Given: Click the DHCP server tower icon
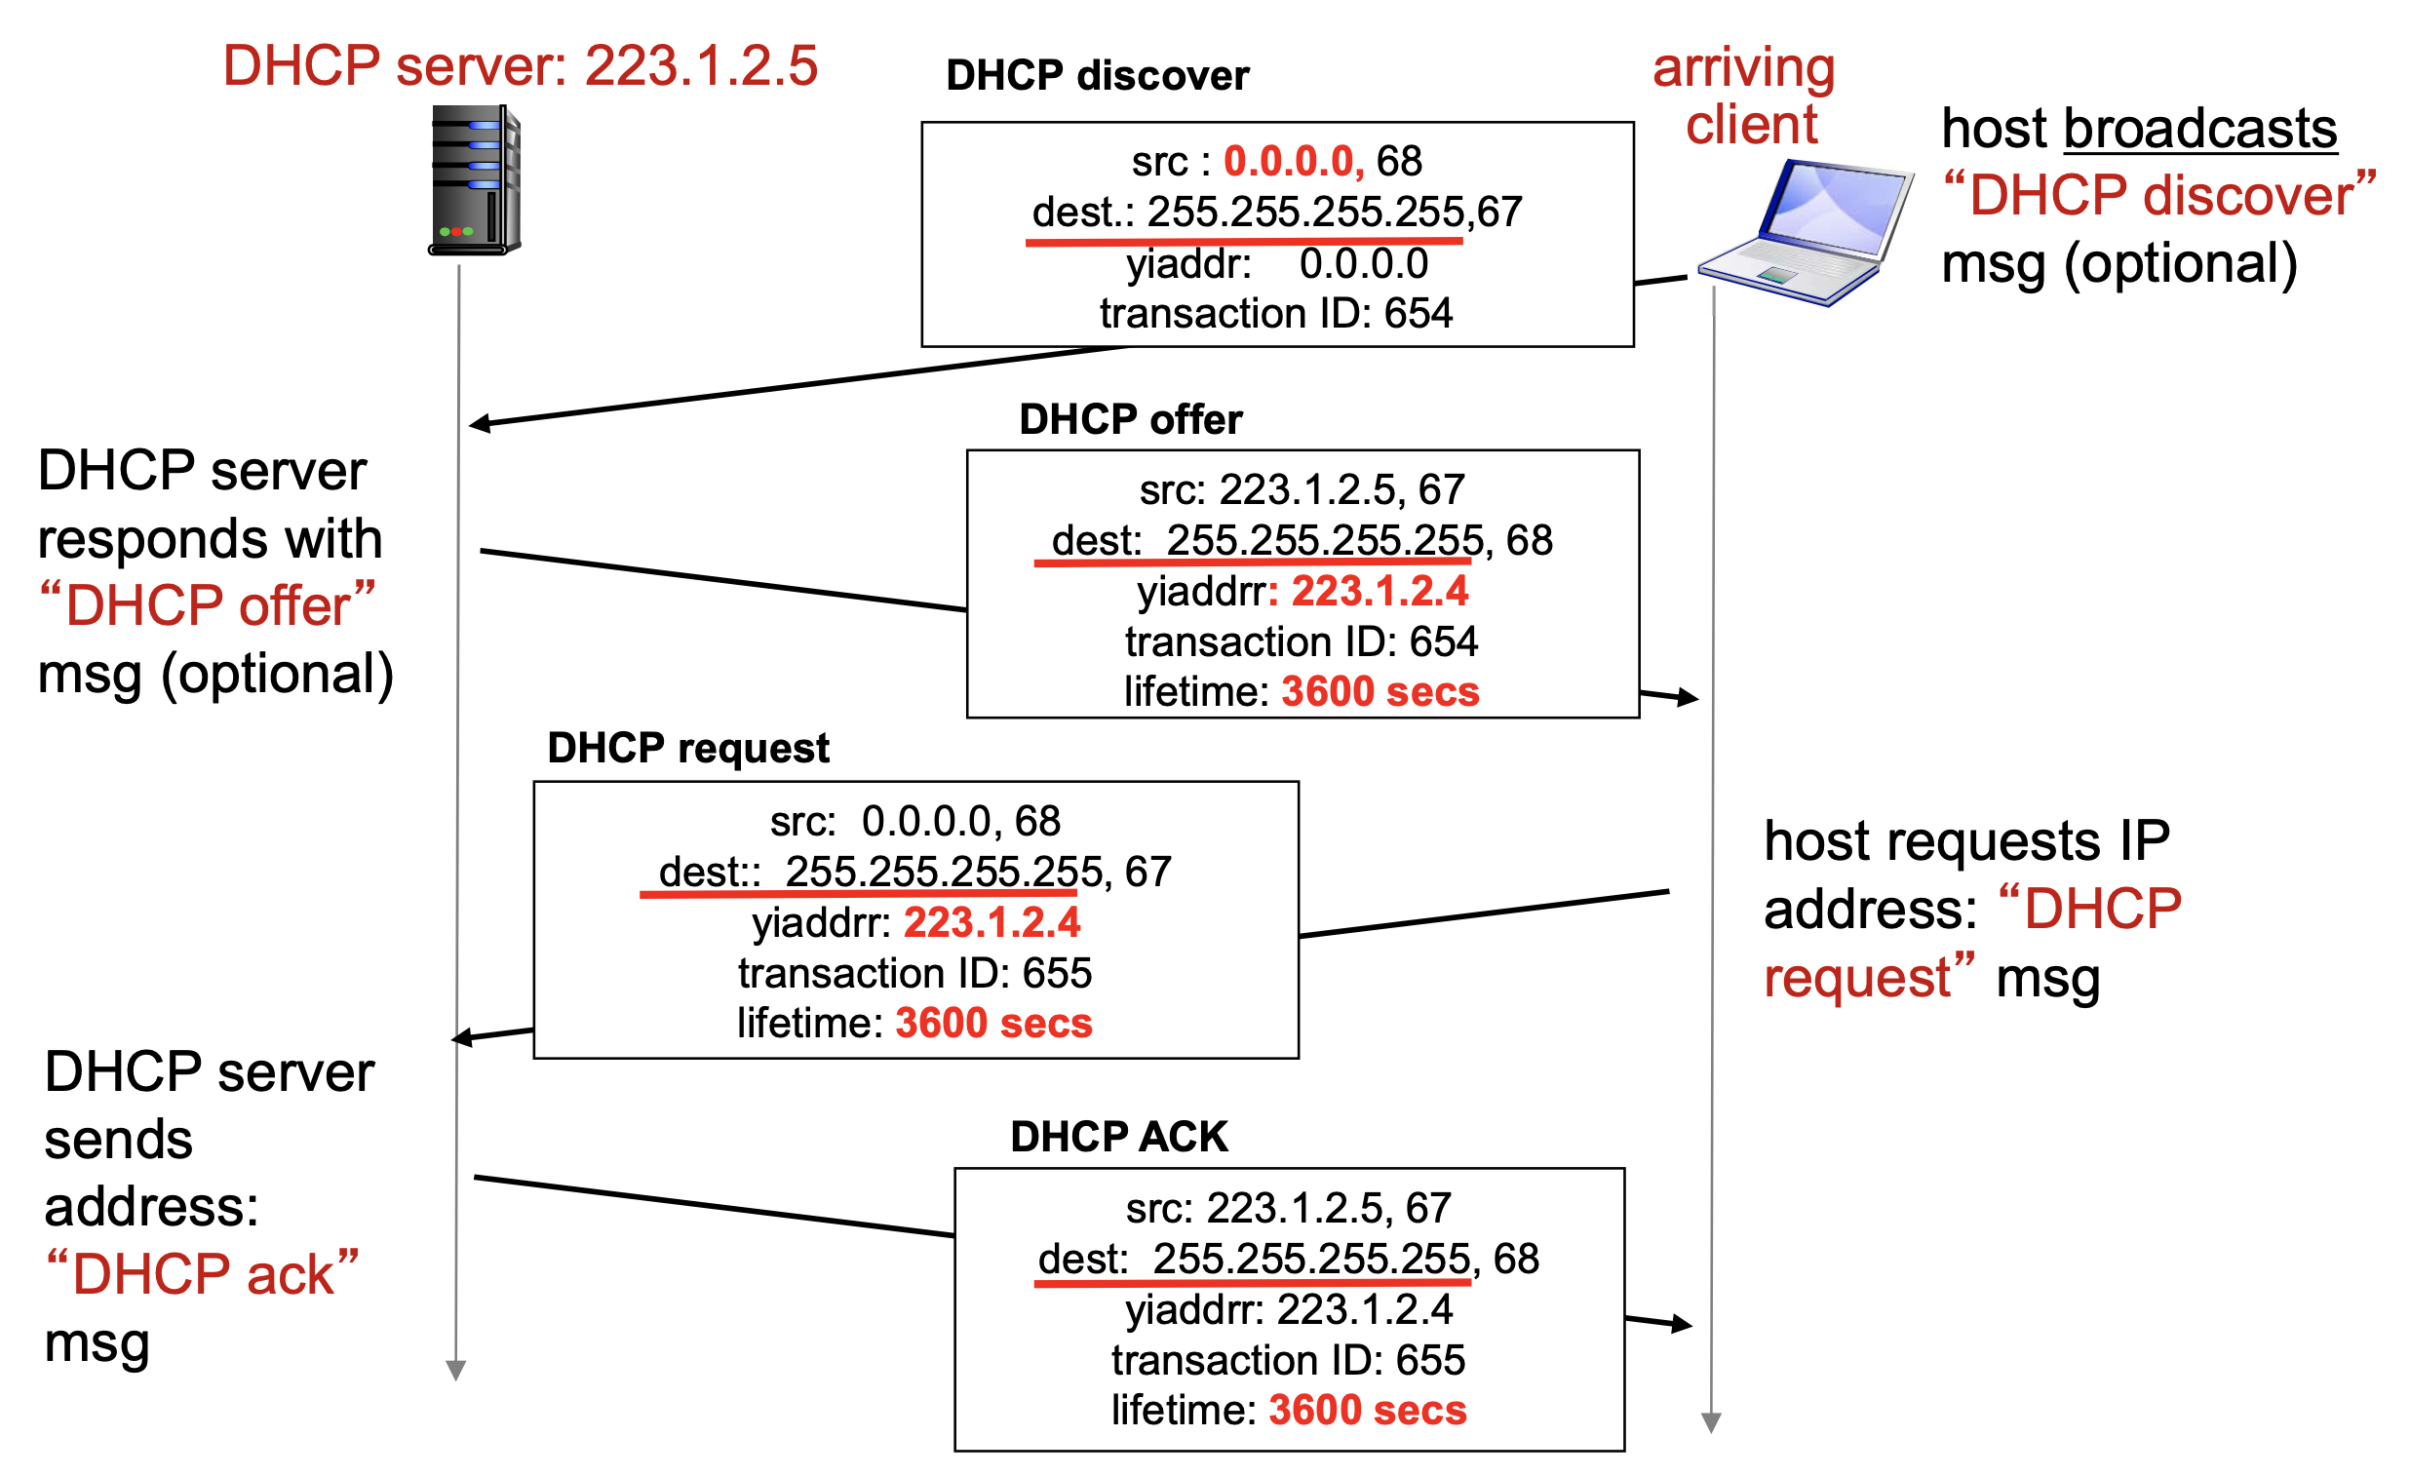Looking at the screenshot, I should click(x=476, y=181).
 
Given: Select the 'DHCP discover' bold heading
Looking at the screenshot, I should click(x=1097, y=76).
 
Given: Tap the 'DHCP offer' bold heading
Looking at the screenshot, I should click(x=1130, y=419).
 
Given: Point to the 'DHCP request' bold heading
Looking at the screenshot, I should click(x=687, y=749).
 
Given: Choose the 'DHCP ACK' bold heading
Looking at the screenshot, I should click(x=1118, y=1137).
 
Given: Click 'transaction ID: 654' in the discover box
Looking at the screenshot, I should click(x=1275, y=314).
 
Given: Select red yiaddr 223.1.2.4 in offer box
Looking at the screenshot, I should click(x=1380, y=592).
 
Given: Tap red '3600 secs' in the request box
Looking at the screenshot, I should click(x=993, y=1023).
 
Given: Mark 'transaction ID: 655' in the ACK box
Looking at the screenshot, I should click(x=1287, y=1361).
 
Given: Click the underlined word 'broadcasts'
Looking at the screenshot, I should click(x=2198, y=129).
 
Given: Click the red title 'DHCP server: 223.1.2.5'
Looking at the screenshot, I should click(x=520, y=66).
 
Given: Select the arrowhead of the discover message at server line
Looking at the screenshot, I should click(x=480, y=423).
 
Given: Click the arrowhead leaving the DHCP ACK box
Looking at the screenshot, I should click(x=1683, y=1324).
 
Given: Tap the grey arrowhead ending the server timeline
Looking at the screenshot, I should click(x=456, y=1371).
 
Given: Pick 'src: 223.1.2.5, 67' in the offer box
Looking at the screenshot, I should click(x=1302, y=490).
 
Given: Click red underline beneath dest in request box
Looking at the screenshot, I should click(x=858, y=894).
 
